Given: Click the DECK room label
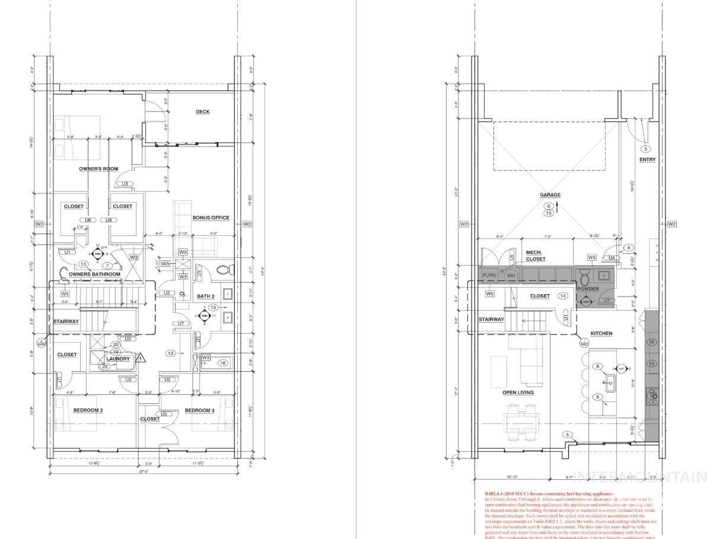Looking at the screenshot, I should click(x=203, y=112).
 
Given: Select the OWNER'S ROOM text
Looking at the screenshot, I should click(x=98, y=169).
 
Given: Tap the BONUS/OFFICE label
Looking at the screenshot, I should click(x=211, y=218).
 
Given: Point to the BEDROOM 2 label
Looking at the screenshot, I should click(x=88, y=410).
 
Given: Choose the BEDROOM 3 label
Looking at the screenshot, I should click(x=199, y=410).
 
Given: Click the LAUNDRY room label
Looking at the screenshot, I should click(x=118, y=359).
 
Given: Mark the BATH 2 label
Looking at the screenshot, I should click(x=205, y=296).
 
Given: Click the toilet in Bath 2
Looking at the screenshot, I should click(x=223, y=270).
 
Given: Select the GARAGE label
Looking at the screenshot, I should click(x=550, y=195).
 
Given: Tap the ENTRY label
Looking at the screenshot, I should click(x=647, y=160).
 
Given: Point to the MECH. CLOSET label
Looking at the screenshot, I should click(x=536, y=256).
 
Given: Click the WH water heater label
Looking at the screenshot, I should click(x=511, y=276).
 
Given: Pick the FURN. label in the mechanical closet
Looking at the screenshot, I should click(x=490, y=276).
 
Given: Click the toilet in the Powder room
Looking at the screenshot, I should click(x=584, y=277).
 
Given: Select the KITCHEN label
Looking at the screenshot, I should click(x=601, y=333).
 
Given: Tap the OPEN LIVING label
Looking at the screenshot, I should click(x=518, y=393).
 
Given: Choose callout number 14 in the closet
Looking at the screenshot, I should click(x=563, y=296).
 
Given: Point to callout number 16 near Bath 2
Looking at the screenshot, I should click(x=223, y=363).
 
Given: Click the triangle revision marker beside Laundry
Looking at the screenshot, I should click(x=141, y=358).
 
